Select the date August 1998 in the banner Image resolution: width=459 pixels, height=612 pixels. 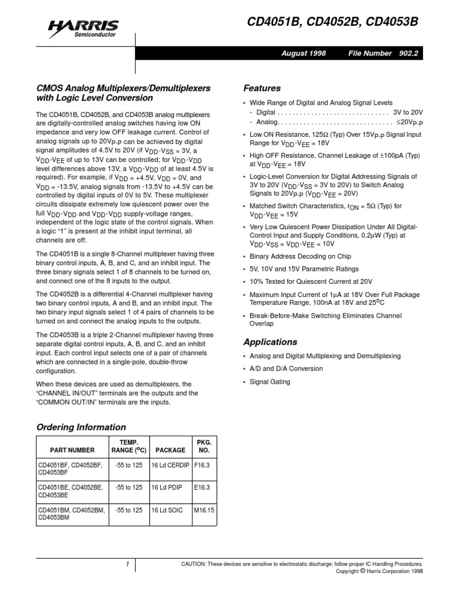coord(304,53)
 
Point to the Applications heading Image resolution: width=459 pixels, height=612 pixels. coord(270,342)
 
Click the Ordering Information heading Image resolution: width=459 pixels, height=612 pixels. coord(81,427)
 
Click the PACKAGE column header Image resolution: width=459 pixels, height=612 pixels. coord(170,450)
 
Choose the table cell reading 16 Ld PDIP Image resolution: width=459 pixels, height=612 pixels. coord(167,488)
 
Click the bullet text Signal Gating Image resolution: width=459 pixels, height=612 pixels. coord(270,381)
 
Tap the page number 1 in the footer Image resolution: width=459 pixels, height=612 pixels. coord(127,564)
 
